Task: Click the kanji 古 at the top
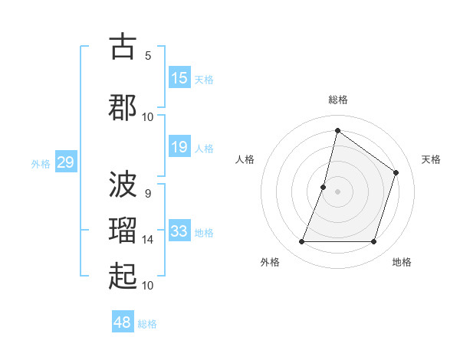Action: pos(123,47)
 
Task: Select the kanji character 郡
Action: pos(123,107)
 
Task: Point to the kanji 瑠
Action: pos(123,230)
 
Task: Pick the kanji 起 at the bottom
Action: pos(123,276)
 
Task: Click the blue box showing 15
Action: pos(179,78)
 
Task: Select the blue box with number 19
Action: pos(179,147)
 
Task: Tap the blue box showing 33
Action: pos(179,231)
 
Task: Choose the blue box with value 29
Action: pos(65,162)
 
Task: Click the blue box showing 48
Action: pos(123,322)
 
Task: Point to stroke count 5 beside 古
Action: pos(148,55)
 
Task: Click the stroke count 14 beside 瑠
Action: pos(148,240)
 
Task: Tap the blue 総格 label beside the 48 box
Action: pos(147,324)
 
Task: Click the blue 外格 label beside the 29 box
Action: pos(40,163)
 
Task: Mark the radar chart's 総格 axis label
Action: pos(337,100)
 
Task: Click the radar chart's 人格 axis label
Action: pos(245,159)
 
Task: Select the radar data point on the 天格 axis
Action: pos(396,172)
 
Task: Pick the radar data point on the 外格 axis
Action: pos(301,242)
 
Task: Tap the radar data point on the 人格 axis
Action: pos(324,187)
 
